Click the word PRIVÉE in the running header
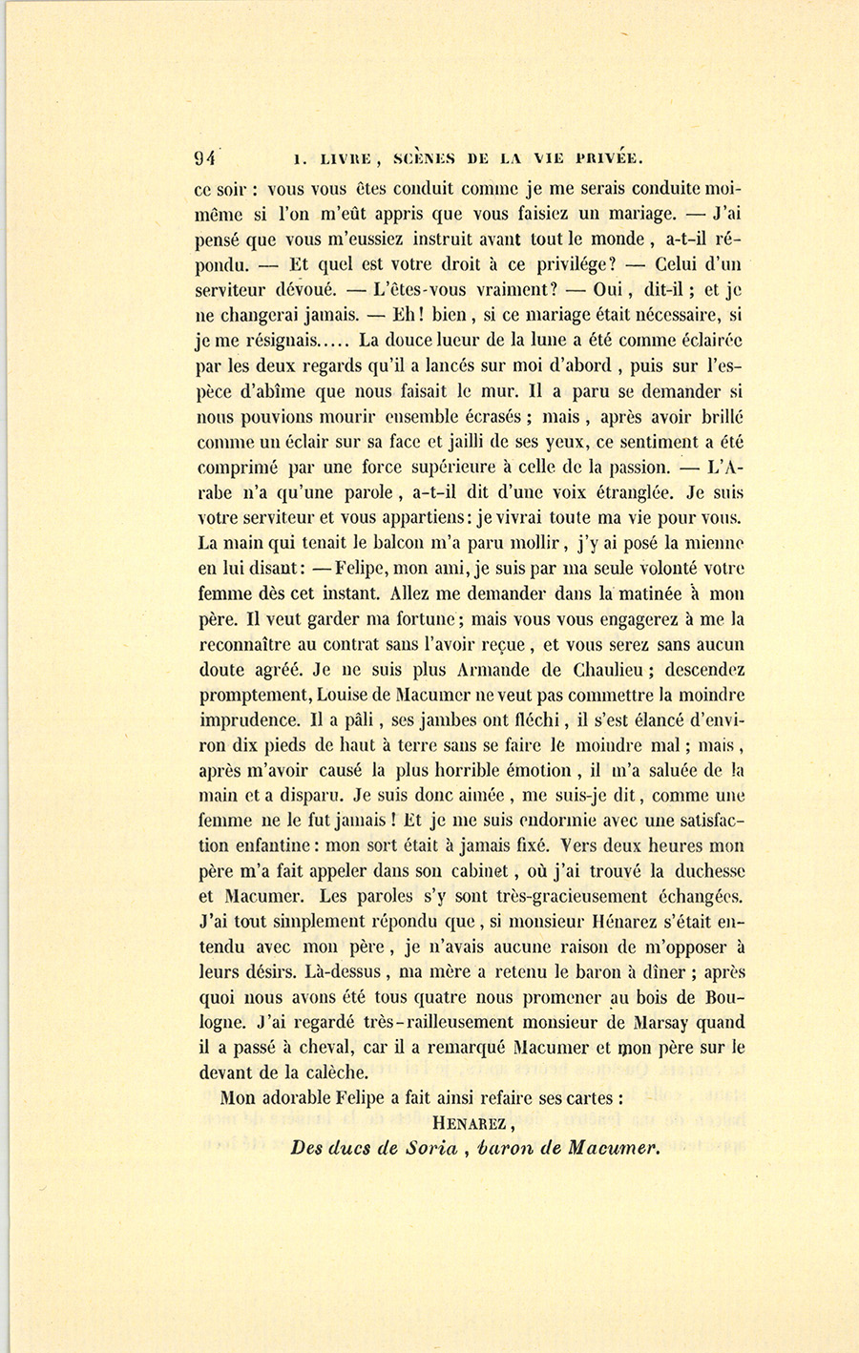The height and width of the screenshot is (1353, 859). pos(601,159)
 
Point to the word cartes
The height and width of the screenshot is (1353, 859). pos(587,1099)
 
